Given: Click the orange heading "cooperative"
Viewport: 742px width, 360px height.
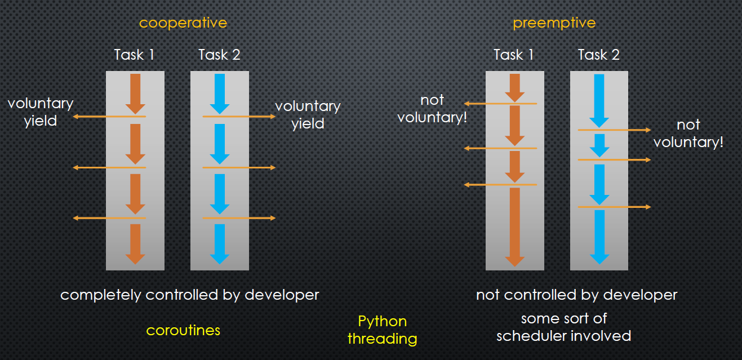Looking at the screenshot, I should coord(183,23).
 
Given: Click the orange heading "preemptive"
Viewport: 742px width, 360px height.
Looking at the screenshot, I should coord(554,23).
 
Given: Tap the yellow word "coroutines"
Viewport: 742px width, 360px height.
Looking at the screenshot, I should coord(183,330).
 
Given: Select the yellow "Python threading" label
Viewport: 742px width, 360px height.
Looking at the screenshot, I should coord(382,330).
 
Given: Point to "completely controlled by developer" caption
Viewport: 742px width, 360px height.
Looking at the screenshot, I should coord(190,295).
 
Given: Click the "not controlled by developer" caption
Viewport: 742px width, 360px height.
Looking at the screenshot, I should coord(576,295).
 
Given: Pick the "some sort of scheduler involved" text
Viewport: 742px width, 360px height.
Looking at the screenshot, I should coord(563,327).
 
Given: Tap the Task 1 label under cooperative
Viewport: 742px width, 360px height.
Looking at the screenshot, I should coord(134,55).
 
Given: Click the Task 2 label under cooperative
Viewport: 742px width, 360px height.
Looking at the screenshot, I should coord(219,55).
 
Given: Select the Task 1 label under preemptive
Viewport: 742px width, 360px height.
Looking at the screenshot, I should coord(514,55).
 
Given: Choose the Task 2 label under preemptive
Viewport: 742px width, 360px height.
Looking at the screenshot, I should coord(599,55).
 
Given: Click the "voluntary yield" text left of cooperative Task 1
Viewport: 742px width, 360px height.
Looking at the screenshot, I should coord(41,112).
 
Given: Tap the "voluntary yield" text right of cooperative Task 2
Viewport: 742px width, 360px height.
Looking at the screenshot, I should coord(308,114).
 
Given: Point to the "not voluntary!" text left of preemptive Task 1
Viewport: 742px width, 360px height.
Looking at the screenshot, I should coord(432,109).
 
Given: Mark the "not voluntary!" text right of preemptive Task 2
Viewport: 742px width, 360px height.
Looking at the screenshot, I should coord(688,134).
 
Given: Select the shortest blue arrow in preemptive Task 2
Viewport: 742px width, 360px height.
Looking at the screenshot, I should coord(599,145).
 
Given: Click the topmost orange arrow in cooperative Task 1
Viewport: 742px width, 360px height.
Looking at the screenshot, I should coord(135,94).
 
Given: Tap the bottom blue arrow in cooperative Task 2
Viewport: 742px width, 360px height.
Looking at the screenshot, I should coord(219,244).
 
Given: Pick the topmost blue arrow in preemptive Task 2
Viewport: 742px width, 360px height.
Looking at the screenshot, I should coord(599,101).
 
